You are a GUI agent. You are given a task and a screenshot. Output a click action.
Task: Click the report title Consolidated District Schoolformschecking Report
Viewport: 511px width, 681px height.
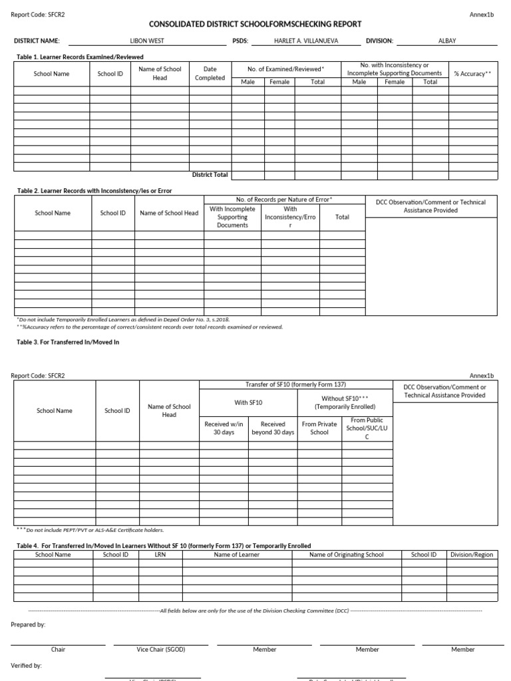(x=255, y=24)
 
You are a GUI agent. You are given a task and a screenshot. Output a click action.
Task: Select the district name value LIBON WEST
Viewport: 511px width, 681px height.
(x=147, y=41)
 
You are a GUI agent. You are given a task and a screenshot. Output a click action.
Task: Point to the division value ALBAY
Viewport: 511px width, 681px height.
(x=447, y=41)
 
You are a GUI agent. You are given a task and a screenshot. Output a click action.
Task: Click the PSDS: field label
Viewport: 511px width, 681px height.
(x=240, y=41)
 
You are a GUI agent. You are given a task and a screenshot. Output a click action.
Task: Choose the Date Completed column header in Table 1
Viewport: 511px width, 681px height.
(x=210, y=73)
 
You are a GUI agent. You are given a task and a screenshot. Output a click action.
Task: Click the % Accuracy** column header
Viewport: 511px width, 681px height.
(x=472, y=74)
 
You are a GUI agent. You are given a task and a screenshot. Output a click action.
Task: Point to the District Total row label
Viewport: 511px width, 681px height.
(x=210, y=175)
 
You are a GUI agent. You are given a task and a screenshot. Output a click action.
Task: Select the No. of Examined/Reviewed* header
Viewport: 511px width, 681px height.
(x=285, y=69)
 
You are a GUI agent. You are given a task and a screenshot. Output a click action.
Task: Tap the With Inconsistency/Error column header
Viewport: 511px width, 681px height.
(x=290, y=217)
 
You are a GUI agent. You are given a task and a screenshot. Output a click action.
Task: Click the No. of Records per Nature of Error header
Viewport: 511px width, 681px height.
(x=284, y=200)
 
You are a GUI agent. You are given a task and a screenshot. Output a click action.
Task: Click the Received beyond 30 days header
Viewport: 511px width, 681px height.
(x=273, y=428)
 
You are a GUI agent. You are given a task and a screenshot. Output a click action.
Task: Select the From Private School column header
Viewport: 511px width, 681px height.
(x=319, y=428)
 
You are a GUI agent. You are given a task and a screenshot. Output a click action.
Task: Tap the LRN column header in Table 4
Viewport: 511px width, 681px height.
(x=160, y=555)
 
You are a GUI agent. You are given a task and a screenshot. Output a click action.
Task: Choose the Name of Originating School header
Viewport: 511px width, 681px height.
(x=346, y=555)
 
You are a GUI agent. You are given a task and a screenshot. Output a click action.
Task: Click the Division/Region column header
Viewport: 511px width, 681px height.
(x=472, y=555)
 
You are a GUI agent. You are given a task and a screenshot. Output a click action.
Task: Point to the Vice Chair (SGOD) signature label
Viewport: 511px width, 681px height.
(x=160, y=649)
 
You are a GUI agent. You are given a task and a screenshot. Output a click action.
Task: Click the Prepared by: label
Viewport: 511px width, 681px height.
(x=28, y=624)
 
